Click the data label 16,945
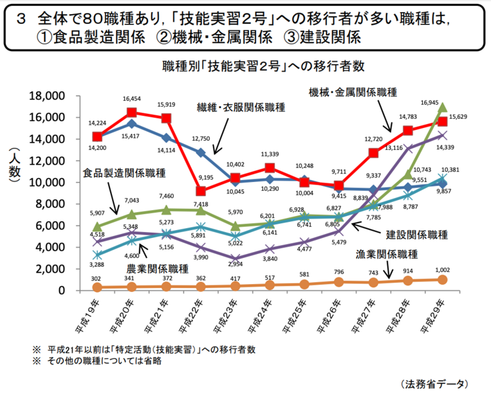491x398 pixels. (x=429, y=103)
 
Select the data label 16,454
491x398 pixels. (x=131, y=99)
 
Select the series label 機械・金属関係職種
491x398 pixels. (x=353, y=91)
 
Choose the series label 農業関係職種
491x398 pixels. (x=157, y=269)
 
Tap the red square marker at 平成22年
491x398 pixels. (x=201, y=191)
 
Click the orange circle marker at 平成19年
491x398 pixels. (x=97, y=287)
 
